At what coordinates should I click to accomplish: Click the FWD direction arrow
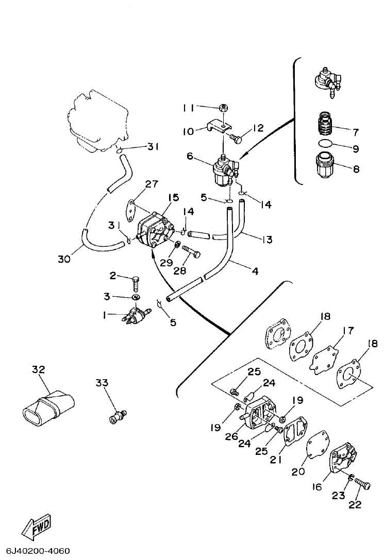pos(37,526)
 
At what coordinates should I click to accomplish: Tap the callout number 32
pos(39,370)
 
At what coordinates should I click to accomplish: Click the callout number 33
pos(102,382)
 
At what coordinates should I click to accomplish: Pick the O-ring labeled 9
pos(324,144)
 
